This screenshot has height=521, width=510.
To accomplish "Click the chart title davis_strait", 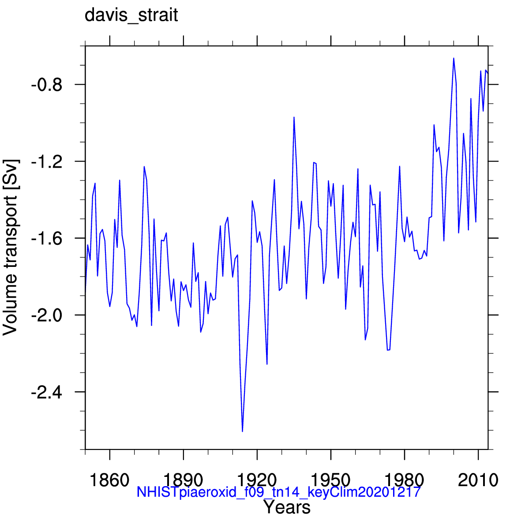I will coord(131,15).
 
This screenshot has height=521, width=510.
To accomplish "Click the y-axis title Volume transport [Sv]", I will coord(11,247).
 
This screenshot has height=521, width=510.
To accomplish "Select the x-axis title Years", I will coord(287,508).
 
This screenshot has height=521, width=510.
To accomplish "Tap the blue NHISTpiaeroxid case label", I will coord(278,492).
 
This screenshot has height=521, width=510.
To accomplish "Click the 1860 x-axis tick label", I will coord(109,480).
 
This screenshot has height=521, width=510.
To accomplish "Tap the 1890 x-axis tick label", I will coord(183,480).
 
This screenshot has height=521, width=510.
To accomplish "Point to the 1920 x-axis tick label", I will coord(257,480).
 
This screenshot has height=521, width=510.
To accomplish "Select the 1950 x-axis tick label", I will coord(330,480).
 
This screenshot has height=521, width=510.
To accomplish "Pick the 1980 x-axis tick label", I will coord(404,480).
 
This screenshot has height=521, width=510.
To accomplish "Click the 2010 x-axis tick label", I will coord(478,480).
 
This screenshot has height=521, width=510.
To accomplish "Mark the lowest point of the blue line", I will coord(243,431).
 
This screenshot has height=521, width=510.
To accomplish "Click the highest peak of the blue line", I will coord(453,58).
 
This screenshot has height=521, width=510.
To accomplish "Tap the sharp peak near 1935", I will coord(294,117).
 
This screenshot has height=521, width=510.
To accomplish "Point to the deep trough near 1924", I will coord(267,364).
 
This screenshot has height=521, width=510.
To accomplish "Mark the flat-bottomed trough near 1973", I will coord(388,350).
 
